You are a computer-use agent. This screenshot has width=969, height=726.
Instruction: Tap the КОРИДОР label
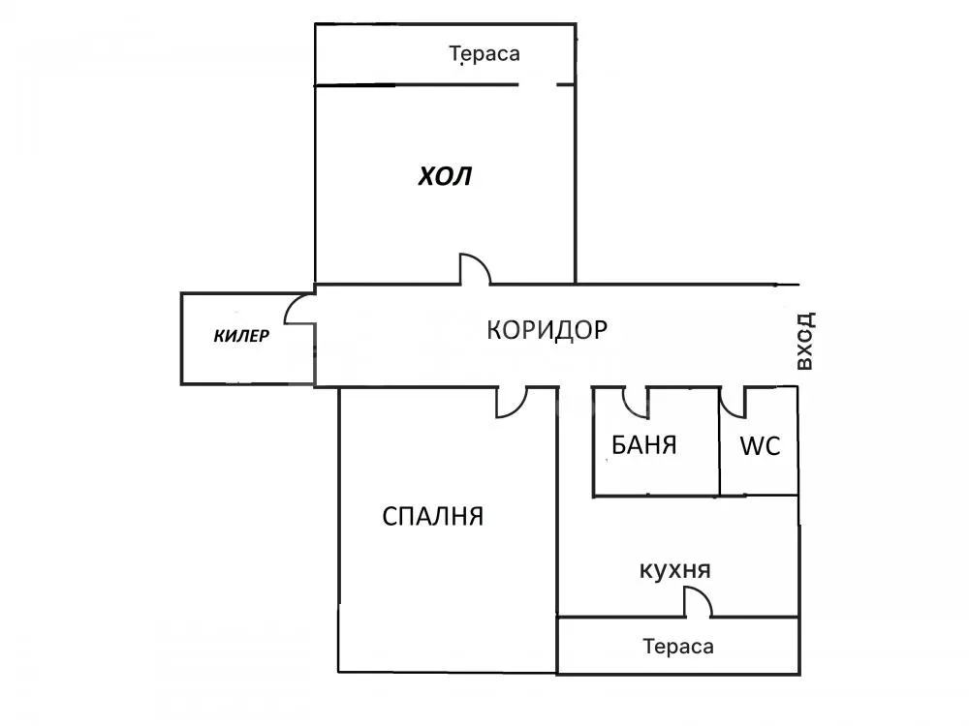[x=547, y=329]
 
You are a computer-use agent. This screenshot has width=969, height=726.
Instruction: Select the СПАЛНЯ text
[x=432, y=516]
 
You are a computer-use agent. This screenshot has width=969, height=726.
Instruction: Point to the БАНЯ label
[x=643, y=445]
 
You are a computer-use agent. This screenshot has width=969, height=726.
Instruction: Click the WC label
[x=760, y=446]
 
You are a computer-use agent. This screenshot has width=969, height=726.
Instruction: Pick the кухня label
[x=675, y=570]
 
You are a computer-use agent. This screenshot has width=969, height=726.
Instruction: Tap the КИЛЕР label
[x=241, y=337]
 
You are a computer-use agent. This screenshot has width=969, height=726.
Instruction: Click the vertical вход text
[x=803, y=342]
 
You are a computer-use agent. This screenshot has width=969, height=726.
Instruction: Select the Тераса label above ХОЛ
[x=484, y=54]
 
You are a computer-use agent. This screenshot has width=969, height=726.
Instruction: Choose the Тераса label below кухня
[x=677, y=646]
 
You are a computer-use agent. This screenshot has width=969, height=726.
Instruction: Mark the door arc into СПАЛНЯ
[x=510, y=404]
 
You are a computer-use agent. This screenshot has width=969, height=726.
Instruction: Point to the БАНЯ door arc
[x=635, y=399]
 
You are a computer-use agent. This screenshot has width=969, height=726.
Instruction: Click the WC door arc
[x=733, y=399]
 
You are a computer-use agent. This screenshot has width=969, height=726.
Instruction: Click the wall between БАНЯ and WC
[x=719, y=441]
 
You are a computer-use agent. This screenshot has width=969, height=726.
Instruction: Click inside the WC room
[x=760, y=474]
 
